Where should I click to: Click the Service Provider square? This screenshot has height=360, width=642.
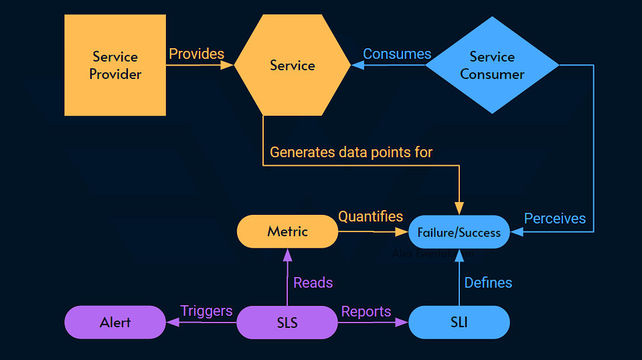click(115, 66)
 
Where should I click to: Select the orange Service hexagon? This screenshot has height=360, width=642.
click(293, 66)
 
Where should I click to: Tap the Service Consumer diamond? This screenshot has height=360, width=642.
click(492, 66)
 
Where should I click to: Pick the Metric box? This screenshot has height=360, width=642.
click(287, 232)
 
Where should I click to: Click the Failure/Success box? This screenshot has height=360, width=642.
click(459, 232)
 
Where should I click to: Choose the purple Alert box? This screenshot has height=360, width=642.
click(115, 323)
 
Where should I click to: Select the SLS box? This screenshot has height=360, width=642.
click(287, 323)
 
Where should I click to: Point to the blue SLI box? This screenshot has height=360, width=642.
click(459, 323)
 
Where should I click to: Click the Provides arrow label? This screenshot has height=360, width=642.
click(196, 54)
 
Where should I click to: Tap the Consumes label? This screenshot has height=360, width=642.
click(397, 54)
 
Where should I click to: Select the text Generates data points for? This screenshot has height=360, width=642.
click(351, 152)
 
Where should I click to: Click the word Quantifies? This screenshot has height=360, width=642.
click(370, 216)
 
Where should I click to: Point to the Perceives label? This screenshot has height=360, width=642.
click(554, 218)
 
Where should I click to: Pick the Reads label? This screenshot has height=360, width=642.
click(313, 282)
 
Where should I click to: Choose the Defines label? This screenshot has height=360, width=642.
click(488, 282)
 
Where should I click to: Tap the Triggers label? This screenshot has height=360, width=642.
click(206, 311)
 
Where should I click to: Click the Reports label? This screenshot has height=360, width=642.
click(366, 311)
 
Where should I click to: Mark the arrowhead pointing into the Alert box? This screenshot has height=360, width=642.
click(172, 323)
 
